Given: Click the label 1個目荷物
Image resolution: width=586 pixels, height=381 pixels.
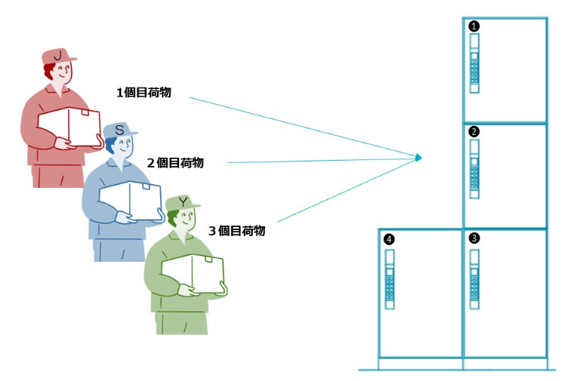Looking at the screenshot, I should (143, 93).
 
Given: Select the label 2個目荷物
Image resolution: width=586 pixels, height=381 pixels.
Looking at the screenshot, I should (175, 162).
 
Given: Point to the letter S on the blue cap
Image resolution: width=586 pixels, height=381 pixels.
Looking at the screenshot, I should (119, 131).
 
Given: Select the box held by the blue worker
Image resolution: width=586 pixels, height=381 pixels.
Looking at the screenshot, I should (131, 201).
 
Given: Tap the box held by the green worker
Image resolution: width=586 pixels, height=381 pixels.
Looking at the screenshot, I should (194, 272).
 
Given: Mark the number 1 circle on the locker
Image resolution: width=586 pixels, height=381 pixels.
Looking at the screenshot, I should (473, 26).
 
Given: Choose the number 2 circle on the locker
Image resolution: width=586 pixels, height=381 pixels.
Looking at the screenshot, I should (473, 131).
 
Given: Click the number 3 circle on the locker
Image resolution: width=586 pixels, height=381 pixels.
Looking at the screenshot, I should (473, 238).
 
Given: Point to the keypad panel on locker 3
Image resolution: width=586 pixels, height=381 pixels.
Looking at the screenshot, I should (474, 278).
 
